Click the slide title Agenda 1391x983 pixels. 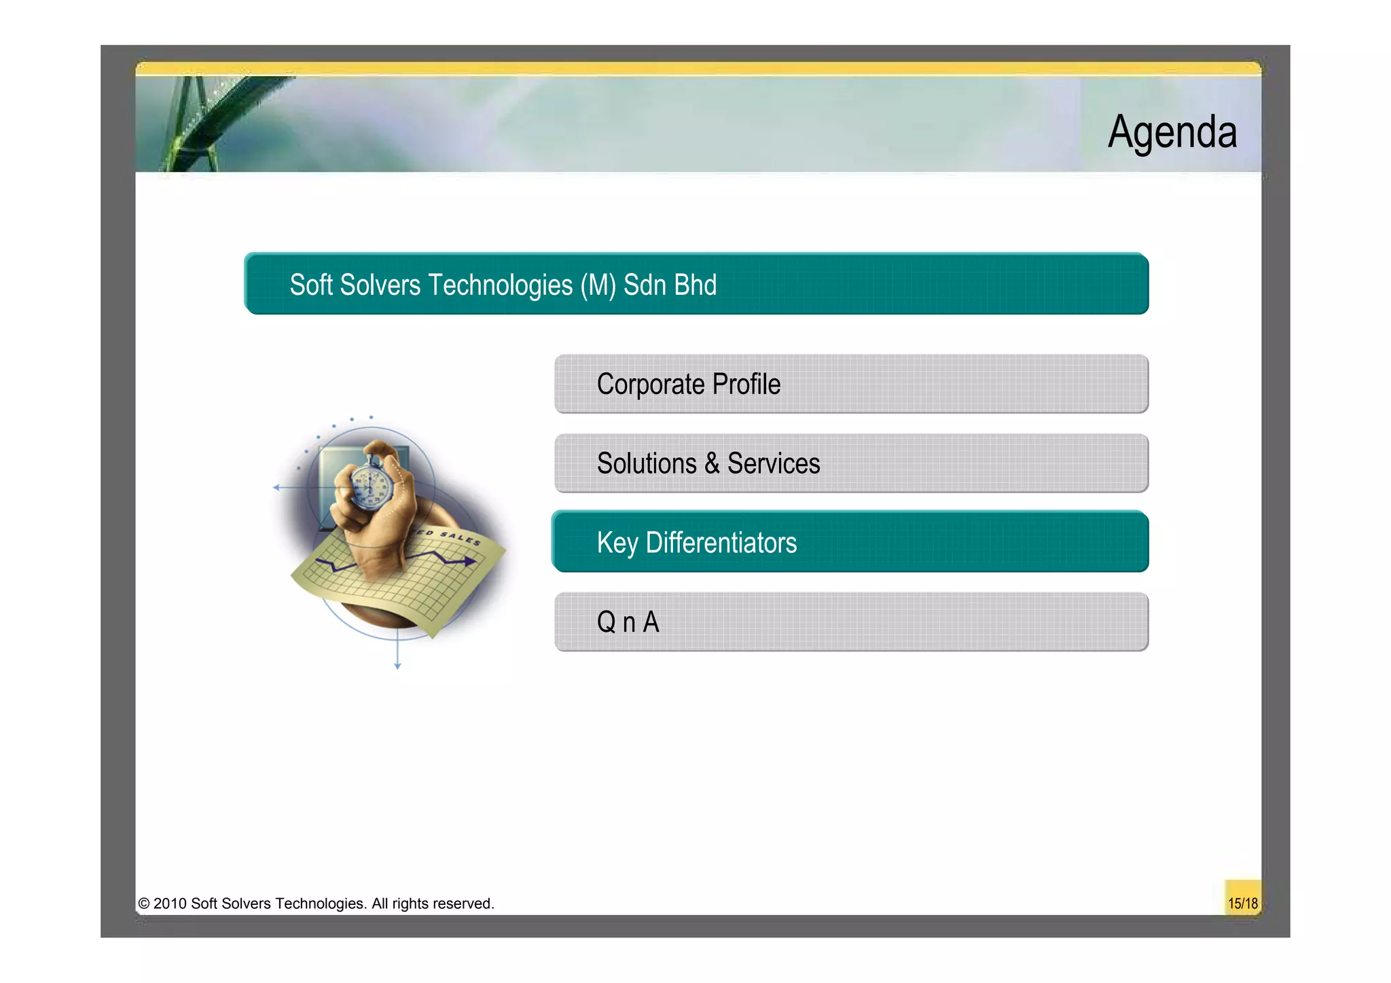pyautogui.click(x=1172, y=132)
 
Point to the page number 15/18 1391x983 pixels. pyautogui.click(x=1242, y=904)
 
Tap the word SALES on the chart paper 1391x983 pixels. pyautogui.click(x=460, y=538)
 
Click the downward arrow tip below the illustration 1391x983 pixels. pyautogui.click(x=397, y=666)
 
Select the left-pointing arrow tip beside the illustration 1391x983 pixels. pyautogui.click(x=276, y=487)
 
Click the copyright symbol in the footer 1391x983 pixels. pyautogui.click(x=144, y=904)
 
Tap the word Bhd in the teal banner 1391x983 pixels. pyautogui.click(x=695, y=285)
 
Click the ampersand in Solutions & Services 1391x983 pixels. pyautogui.click(x=711, y=463)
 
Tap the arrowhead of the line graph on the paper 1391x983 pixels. pyautogui.click(x=470, y=561)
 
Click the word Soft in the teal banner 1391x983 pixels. pyautogui.click(x=311, y=285)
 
